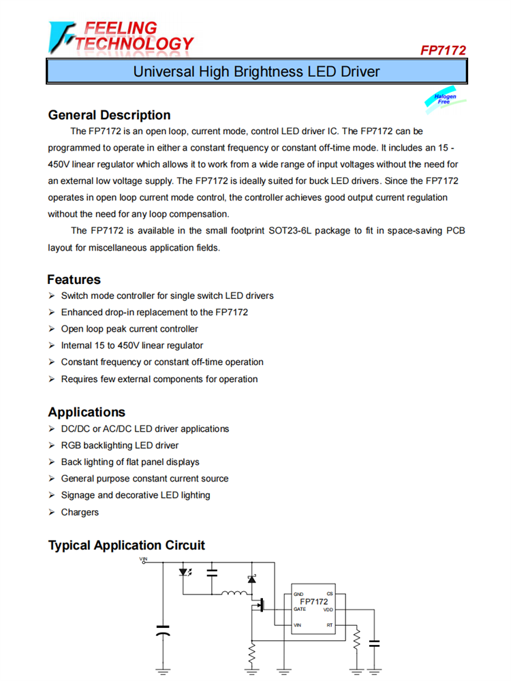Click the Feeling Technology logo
click(121, 37)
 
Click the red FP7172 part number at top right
click(443, 50)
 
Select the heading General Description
click(109, 115)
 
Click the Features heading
click(74, 280)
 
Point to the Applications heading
click(87, 412)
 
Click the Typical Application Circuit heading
click(126, 545)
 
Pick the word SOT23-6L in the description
click(298, 231)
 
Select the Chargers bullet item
click(80, 512)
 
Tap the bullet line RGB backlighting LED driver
click(119, 445)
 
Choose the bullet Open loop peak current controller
click(129, 329)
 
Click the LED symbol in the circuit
click(185, 573)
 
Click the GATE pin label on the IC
click(300, 609)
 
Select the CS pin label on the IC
click(330, 595)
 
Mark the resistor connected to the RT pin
click(355, 640)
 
